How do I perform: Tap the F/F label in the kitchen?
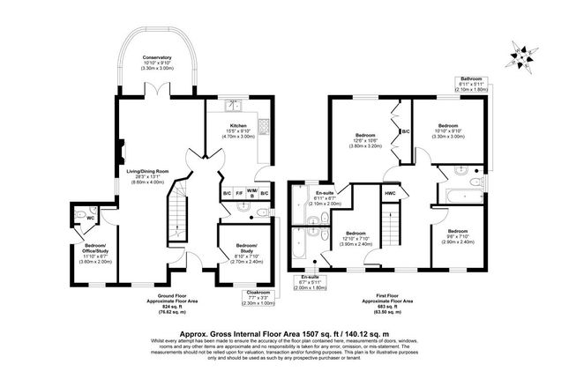pyautogui.click(x=238, y=193)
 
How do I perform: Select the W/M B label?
pyautogui.click(x=251, y=194)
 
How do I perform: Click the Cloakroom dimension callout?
pyautogui.click(x=252, y=298)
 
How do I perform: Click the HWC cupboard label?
pyautogui.click(x=389, y=193)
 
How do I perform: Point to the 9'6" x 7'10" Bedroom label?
pyautogui.click(x=447, y=235)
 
